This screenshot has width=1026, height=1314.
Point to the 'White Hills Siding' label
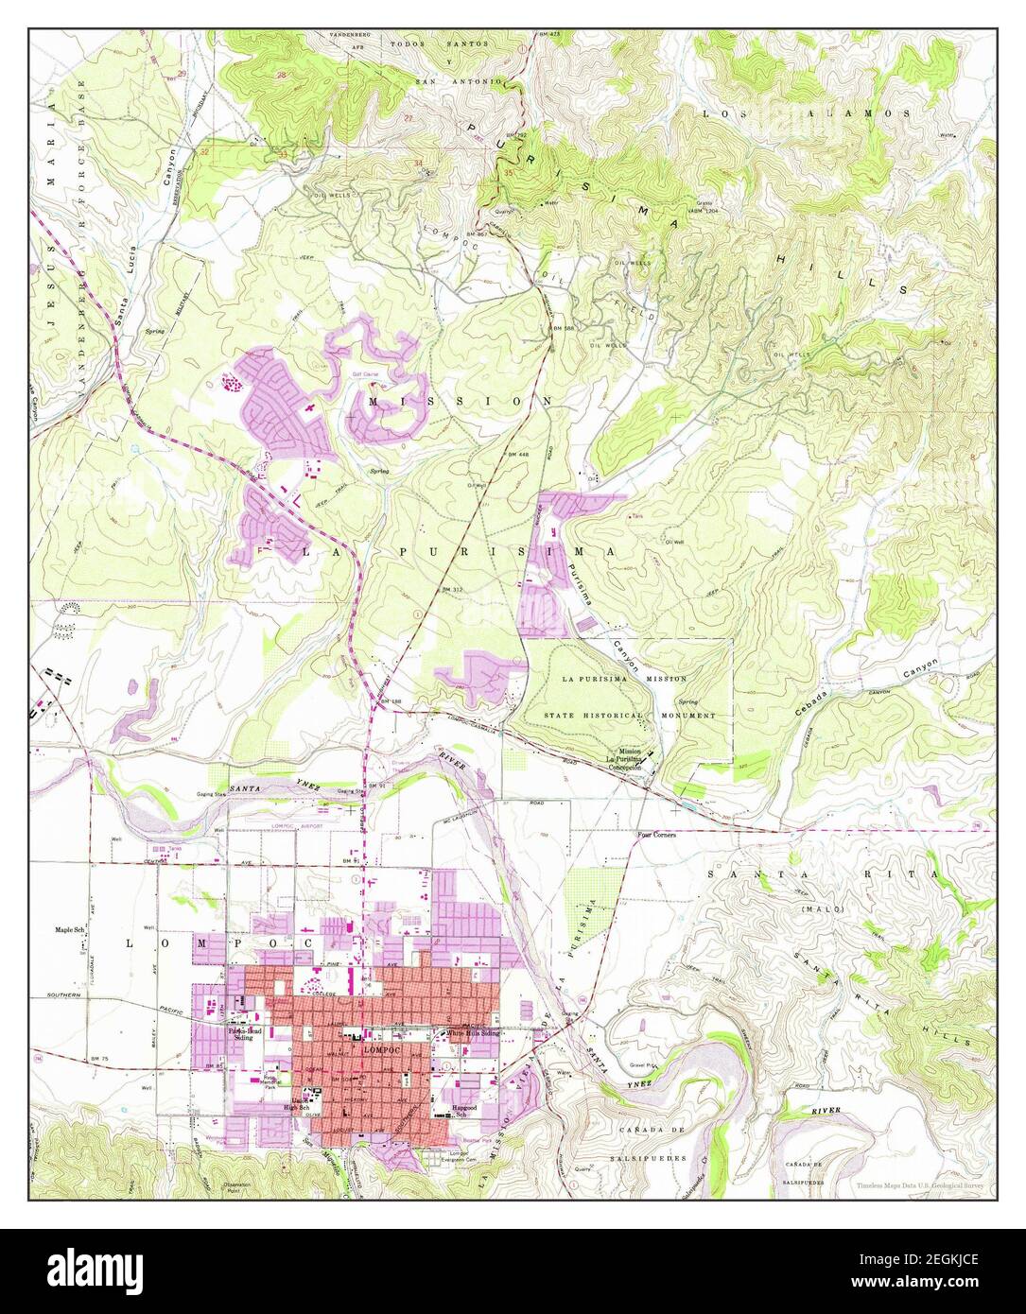point(472,1034)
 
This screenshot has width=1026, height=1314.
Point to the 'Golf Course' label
point(365,374)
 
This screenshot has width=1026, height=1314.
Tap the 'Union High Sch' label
point(298,1107)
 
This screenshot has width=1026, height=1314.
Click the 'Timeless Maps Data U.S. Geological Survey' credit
point(920,1184)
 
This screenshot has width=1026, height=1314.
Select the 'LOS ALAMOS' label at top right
point(806,112)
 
